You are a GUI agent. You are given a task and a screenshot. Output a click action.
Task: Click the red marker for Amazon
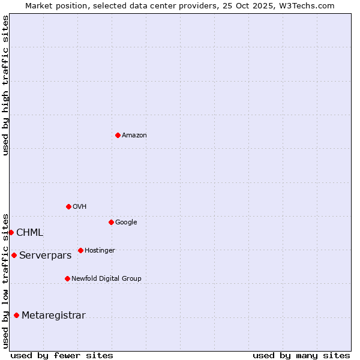pyautogui.click(x=118, y=135)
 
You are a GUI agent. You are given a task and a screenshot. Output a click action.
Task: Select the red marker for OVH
pyautogui.click(x=68, y=206)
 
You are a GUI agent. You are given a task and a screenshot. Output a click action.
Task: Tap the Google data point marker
pyautogui.click(x=111, y=222)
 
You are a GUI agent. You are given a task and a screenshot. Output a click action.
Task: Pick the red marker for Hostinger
pyautogui.click(x=80, y=250)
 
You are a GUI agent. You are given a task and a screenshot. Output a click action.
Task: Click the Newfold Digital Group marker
pyautogui.click(x=67, y=278)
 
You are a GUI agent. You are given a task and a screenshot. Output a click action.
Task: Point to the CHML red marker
pyautogui.click(x=11, y=232)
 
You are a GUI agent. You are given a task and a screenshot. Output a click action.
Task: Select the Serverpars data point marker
pyautogui.click(x=14, y=255)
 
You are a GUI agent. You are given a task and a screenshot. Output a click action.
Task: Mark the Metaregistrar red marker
pyautogui.click(x=16, y=315)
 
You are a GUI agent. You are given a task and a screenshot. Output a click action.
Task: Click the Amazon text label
pyautogui.click(x=134, y=136)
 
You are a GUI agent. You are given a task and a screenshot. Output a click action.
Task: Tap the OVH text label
pyautogui.click(x=80, y=207)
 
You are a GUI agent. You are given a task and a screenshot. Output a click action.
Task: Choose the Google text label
pyautogui.click(x=126, y=223)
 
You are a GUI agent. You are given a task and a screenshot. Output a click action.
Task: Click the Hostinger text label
pyautogui.click(x=100, y=251)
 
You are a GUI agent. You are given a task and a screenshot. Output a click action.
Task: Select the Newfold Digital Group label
pyautogui.click(x=106, y=279)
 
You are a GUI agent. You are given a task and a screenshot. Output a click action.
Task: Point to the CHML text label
pyautogui.click(x=30, y=233)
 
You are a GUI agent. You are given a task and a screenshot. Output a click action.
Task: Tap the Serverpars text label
pyautogui.click(x=46, y=256)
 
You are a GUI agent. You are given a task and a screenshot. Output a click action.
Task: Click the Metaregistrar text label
pyautogui.click(x=54, y=316)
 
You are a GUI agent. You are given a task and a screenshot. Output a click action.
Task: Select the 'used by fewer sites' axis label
pyautogui.click(x=62, y=355)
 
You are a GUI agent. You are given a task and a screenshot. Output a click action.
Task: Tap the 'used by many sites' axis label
pyautogui.click(x=301, y=355)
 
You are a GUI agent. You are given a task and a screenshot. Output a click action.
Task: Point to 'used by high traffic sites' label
pyautogui.click(x=6, y=85)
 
